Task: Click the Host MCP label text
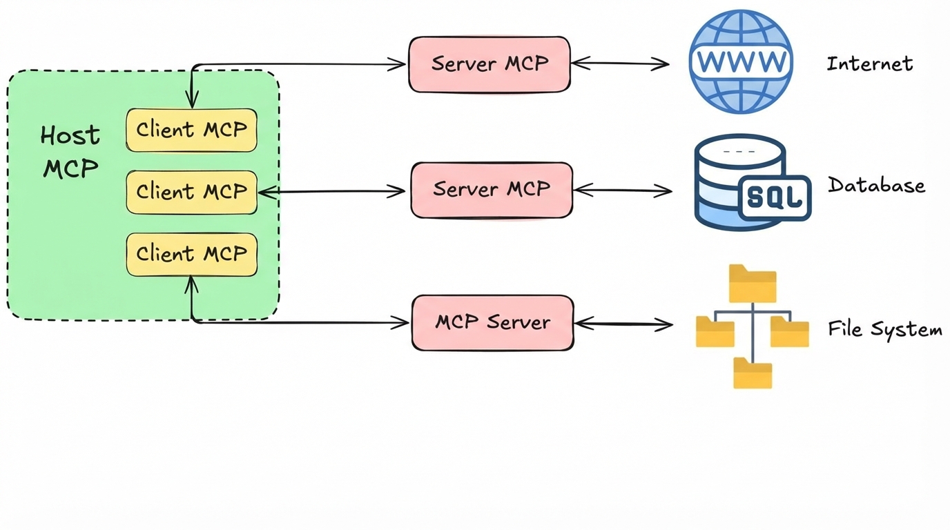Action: [70, 151]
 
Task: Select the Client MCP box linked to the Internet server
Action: [191, 130]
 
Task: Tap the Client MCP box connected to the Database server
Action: [191, 191]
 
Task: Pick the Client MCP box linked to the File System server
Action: [191, 254]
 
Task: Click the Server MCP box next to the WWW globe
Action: [489, 64]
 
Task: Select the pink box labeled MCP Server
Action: [492, 322]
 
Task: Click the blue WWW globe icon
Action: [741, 61]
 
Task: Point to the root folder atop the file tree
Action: [753, 284]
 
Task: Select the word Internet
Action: [870, 64]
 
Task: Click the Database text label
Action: [876, 186]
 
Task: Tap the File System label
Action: [885, 330]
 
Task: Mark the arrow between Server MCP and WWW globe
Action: [620, 64]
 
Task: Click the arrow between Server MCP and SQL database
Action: [623, 190]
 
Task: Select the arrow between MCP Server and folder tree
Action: [623, 324]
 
